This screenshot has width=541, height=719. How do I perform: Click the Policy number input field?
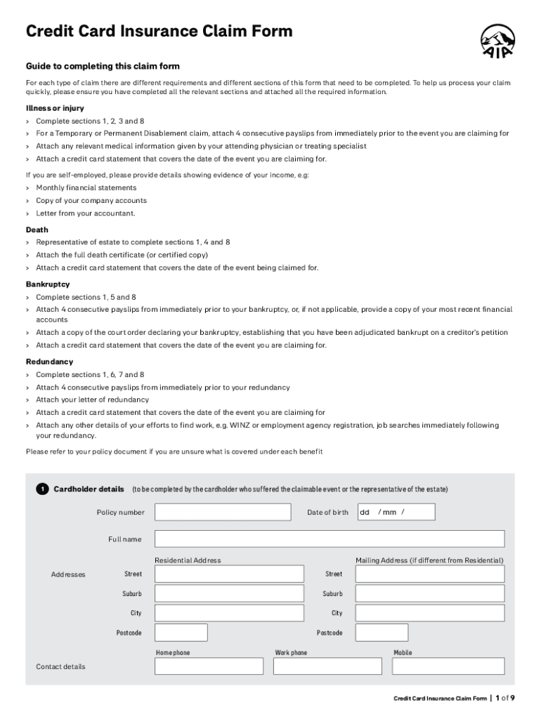(222, 512)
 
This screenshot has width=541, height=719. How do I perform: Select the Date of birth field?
(396, 512)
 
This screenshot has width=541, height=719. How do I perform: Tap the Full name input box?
(330, 539)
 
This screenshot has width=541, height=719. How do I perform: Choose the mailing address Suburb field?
(430, 593)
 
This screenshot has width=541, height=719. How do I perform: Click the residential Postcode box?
(181, 633)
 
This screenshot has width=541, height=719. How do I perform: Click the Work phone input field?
(327, 666)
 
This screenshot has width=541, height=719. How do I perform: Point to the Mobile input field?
(448, 666)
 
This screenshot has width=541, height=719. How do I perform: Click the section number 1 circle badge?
(42, 489)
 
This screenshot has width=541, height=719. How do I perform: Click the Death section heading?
(37, 230)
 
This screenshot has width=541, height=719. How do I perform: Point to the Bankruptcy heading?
(48, 284)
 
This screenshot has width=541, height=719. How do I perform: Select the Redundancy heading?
(49, 362)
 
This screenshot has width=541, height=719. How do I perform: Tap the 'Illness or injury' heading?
(55, 108)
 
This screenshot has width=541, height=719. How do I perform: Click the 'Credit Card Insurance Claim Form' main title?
(159, 32)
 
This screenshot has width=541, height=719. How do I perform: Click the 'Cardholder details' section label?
(89, 489)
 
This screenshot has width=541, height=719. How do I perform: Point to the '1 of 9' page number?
(505, 698)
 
